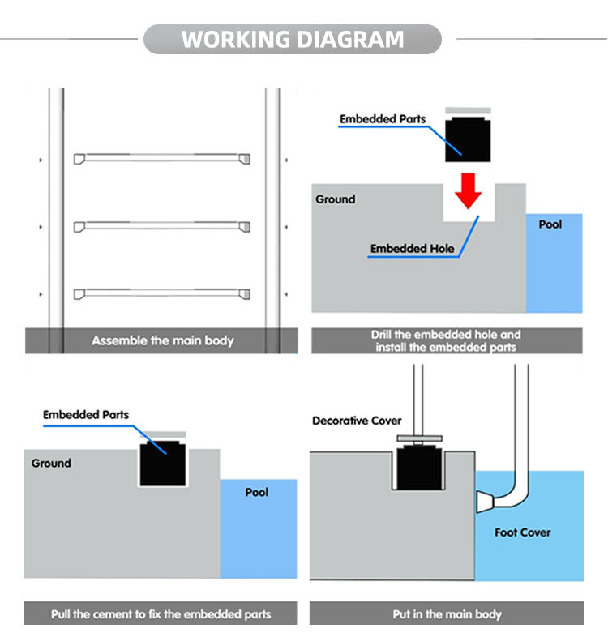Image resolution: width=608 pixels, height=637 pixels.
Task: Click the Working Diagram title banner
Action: [x=293, y=39]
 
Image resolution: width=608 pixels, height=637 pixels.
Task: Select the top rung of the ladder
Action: [x=162, y=159]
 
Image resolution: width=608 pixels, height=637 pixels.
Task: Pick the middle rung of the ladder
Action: [x=162, y=226]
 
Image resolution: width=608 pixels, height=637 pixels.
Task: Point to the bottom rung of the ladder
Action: [x=162, y=293]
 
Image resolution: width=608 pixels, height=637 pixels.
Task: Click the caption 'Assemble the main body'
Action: [x=162, y=340]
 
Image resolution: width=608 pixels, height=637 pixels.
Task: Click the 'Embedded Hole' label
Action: [x=412, y=249]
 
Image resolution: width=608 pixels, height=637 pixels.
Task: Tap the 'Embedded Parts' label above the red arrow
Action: [x=383, y=119]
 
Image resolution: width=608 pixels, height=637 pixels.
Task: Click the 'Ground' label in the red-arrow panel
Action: [x=336, y=199]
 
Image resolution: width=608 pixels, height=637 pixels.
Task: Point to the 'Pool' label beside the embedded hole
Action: [x=550, y=224]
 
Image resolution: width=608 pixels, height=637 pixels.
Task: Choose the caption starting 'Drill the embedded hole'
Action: [x=446, y=340]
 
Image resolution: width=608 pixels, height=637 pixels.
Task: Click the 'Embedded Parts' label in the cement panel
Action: [x=86, y=415]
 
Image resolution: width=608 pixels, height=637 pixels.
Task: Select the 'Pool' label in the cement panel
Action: [x=256, y=492]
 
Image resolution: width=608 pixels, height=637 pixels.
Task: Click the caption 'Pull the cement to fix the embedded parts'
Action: [x=161, y=613]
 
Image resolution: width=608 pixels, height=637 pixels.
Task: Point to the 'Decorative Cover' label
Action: [x=357, y=421]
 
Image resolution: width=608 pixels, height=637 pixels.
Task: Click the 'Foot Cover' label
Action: [x=522, y=532]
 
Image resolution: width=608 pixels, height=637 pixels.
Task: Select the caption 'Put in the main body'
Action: [x=447, y=613]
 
